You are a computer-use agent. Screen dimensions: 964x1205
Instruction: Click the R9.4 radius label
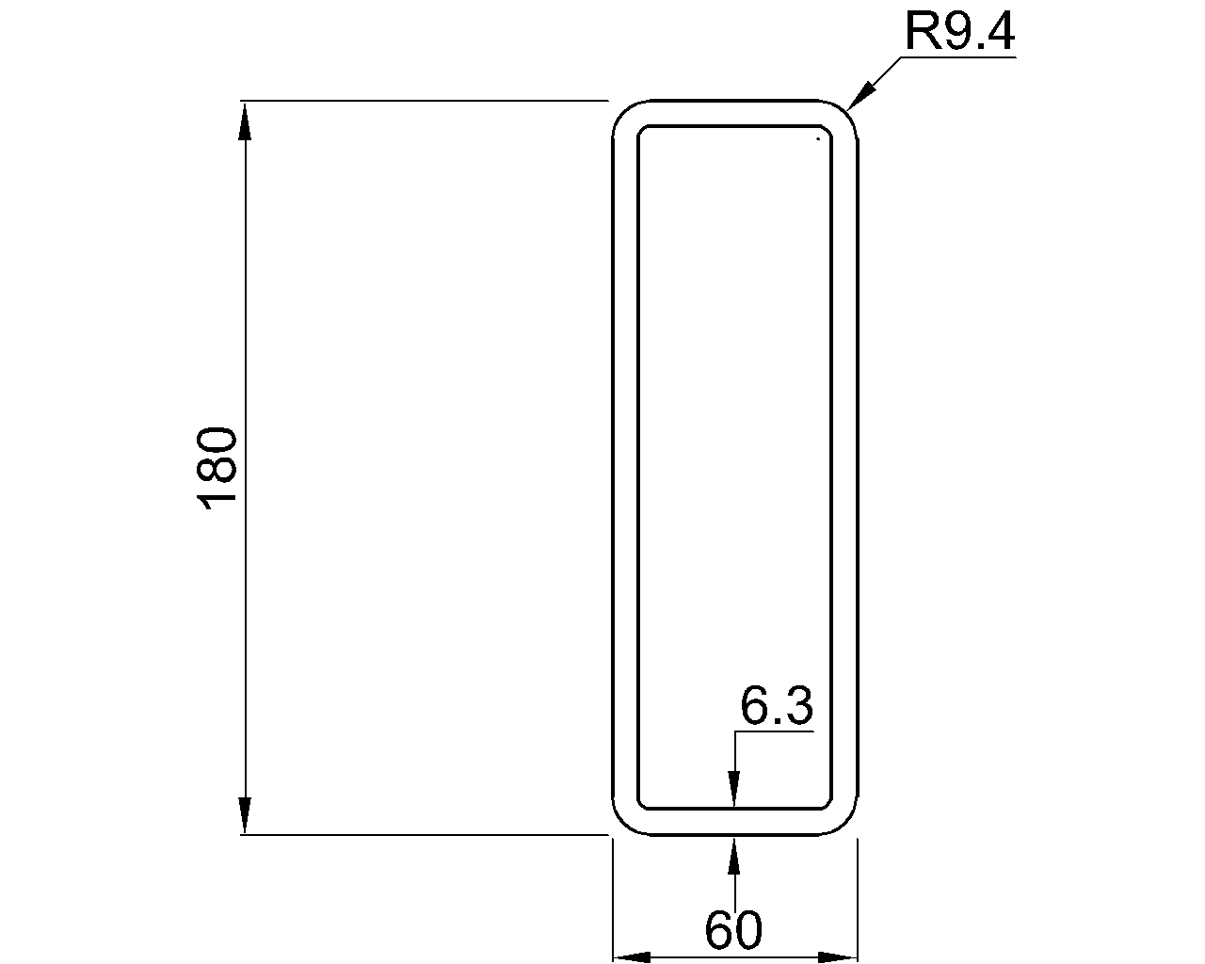(x=959, y=32)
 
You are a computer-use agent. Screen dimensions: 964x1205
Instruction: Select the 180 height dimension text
(x=217, y=468)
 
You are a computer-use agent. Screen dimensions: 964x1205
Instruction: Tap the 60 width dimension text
(x=732, y=930)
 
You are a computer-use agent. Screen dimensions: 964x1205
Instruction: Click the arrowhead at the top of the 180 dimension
(x=245, y=120)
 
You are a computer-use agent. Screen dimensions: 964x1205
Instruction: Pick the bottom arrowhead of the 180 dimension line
(x=245, y=814)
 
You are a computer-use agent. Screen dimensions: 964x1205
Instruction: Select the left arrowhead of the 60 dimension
(x=633, y=957)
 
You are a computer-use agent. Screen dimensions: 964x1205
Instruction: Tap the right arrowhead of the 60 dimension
(x=837, y=957)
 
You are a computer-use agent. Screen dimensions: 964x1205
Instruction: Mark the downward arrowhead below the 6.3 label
(x=734, y=789)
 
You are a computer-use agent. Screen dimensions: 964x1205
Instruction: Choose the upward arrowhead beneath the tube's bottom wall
(x=734, y=853)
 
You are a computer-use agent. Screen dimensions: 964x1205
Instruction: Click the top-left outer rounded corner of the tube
(x=621, y=108)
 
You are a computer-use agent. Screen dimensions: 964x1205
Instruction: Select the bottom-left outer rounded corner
(x=621, y=826)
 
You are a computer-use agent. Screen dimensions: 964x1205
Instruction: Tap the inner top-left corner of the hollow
(x=642, y=130)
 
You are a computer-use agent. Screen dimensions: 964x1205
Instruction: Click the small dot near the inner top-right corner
(x=818, y=138)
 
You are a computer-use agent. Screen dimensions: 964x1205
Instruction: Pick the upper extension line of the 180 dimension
(x=424, y=100)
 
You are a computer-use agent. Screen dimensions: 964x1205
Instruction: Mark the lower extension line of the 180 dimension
(x=424, y=834)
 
